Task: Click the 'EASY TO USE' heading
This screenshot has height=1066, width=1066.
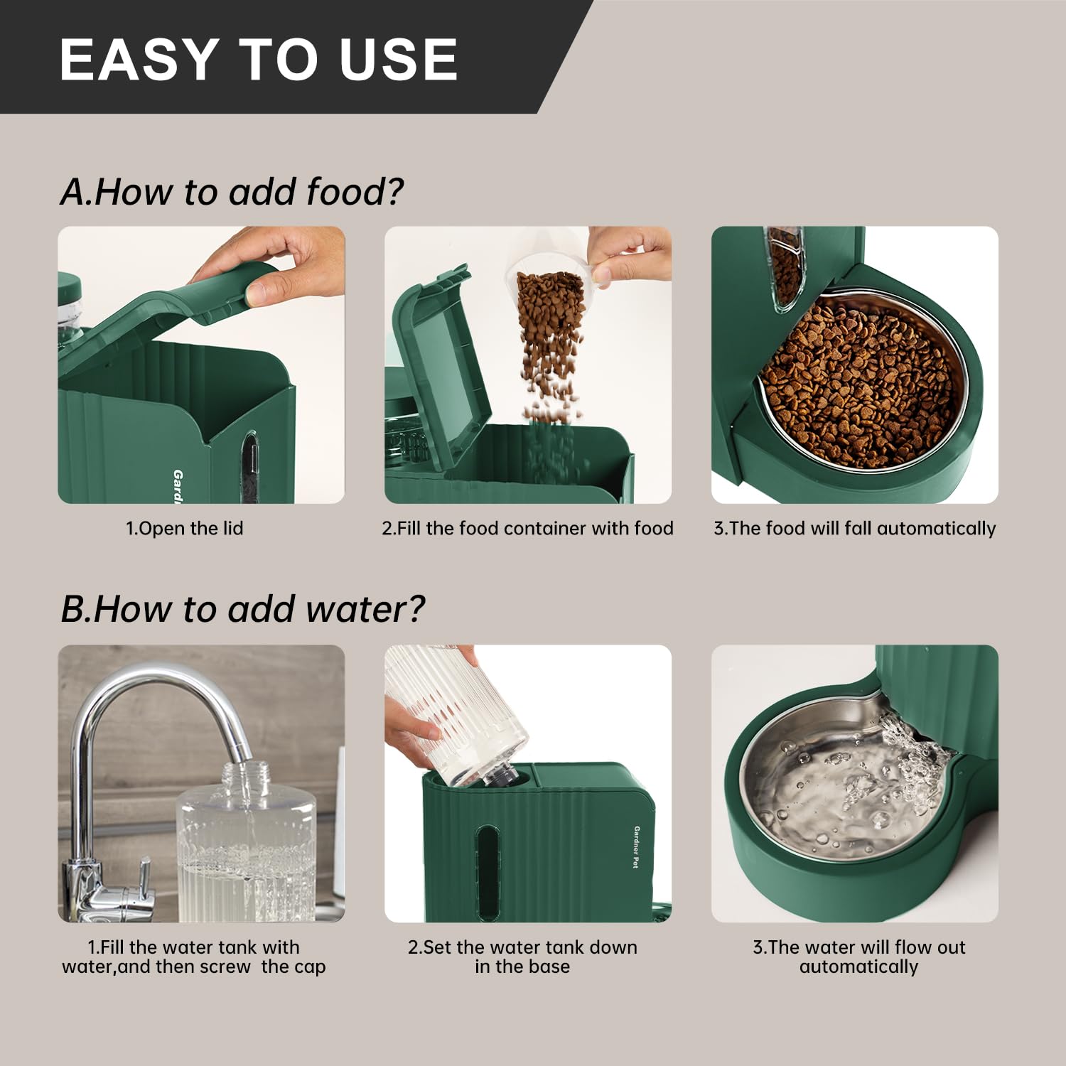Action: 259,58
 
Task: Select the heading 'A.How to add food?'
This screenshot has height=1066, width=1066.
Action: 232,191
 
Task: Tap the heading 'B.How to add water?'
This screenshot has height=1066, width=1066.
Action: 242,609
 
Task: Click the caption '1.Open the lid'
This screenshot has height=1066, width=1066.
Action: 185,528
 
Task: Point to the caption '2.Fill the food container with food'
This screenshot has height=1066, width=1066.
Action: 527,528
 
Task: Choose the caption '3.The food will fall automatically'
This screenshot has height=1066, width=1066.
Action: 854,528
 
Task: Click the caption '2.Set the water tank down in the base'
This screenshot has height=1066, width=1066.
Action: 522,957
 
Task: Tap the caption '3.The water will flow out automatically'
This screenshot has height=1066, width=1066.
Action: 858,957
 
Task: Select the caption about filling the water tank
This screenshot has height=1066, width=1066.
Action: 194,957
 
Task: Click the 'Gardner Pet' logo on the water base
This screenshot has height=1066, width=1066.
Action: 637,846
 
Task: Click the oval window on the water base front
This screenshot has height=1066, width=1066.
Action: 487,871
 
